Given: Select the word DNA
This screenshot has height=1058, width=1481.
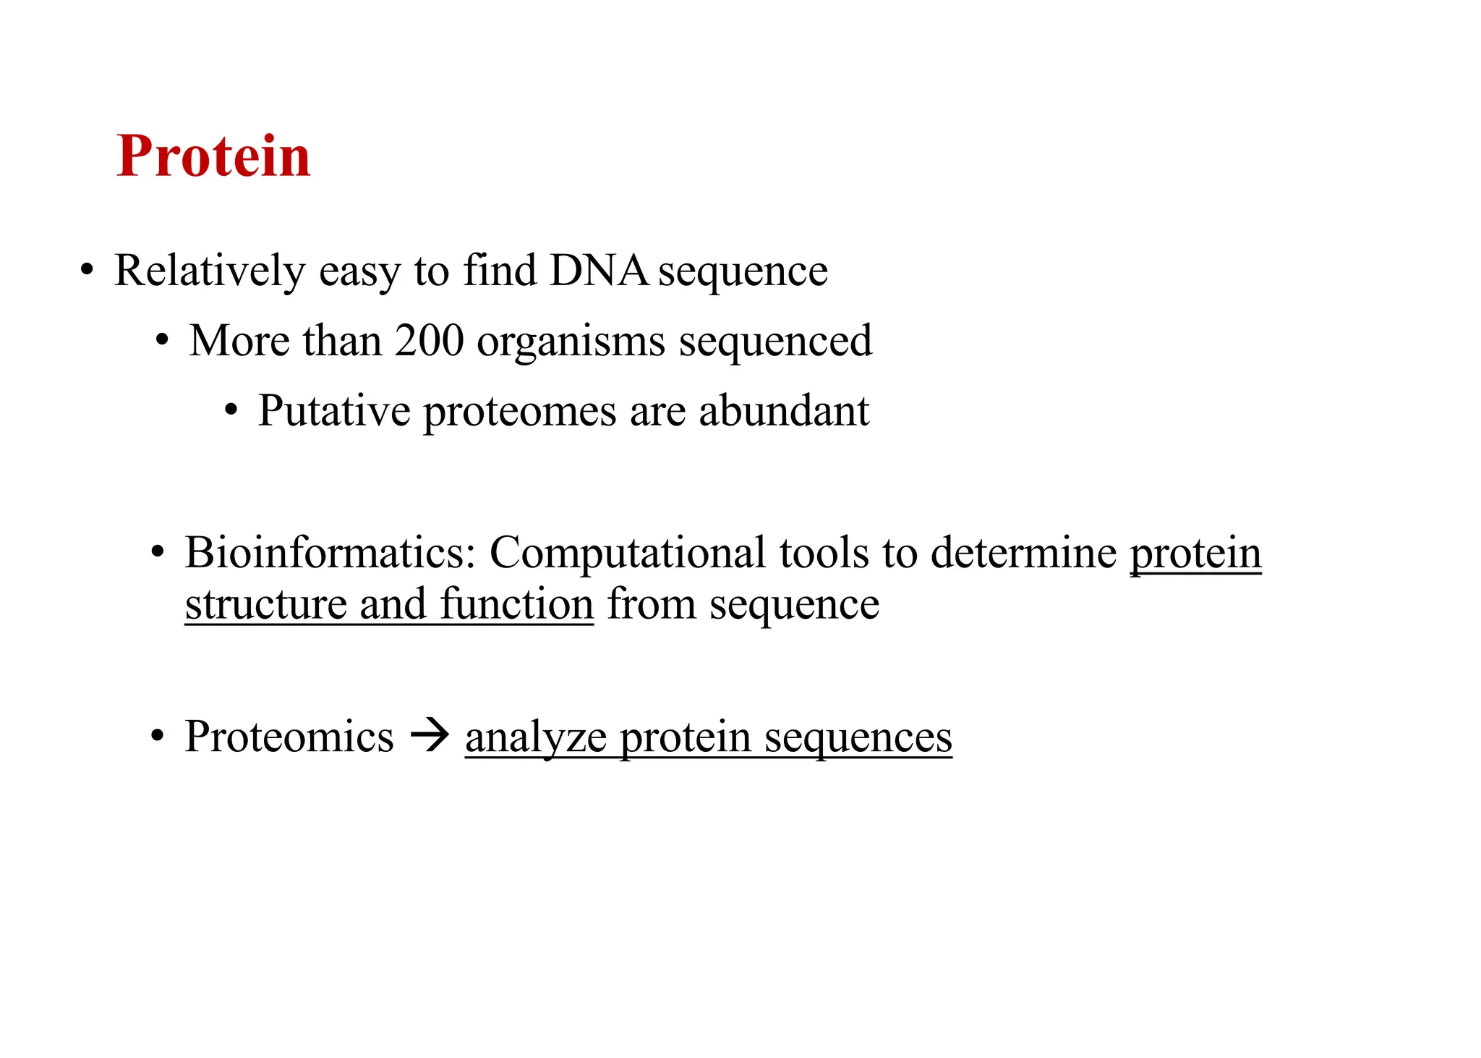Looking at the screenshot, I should pos(599,271).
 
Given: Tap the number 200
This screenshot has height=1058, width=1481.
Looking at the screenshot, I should pos(429,341).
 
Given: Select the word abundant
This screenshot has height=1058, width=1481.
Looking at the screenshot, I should pos(784,411).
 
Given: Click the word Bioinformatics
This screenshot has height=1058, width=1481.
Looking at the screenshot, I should pos(330,553).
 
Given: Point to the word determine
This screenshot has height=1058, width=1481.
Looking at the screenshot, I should pos(1023,553).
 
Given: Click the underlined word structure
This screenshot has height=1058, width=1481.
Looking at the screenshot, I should pos(265,604).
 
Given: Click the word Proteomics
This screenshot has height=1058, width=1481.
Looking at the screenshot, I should pos(289,738).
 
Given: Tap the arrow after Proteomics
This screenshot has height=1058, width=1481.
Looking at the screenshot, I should pos(430,738).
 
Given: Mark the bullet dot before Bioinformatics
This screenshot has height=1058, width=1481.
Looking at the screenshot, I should pos(157,554).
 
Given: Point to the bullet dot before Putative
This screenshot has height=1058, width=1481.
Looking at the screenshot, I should pos(231,412).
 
